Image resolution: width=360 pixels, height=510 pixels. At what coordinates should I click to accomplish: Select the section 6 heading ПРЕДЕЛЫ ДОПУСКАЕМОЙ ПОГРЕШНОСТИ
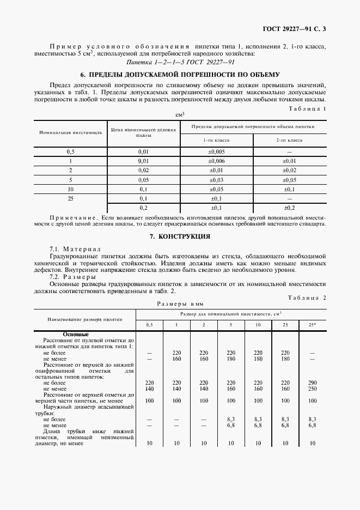coord(180,74)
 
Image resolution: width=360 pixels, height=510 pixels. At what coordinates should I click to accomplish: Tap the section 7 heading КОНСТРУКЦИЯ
coord(180,236)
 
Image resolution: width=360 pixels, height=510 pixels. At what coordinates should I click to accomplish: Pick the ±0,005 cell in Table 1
coord(216,151)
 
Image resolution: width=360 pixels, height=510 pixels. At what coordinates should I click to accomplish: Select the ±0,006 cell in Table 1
coord(216,161)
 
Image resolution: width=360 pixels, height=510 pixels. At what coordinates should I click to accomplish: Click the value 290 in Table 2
coord(312,383)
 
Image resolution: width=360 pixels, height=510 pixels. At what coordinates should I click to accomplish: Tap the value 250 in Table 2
coord(312,390)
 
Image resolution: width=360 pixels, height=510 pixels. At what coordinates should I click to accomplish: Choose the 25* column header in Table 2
coord(312,325)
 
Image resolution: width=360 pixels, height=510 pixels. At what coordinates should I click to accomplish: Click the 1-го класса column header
coord(216,140)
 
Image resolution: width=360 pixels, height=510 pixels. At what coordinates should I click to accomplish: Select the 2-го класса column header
coord(289,140)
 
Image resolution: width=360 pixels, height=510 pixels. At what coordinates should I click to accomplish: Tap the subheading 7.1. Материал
coord(75,248)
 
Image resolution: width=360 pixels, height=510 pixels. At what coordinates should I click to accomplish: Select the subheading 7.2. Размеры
coord(73,277)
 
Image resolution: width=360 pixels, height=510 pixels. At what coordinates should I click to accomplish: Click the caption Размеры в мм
coord(180,303)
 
